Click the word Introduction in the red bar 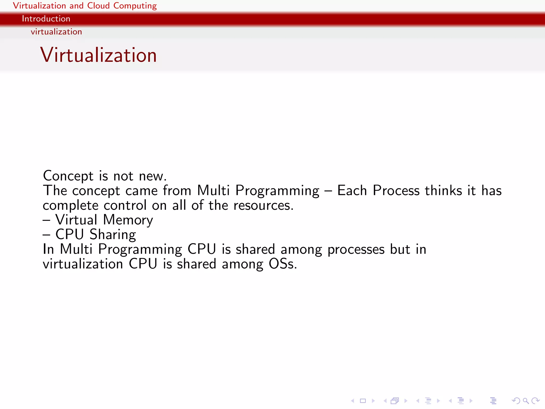(46, 19)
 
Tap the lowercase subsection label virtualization (56, 32)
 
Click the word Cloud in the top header (98, 6)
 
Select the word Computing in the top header (135, 6)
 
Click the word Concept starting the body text (68, 176)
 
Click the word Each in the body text (352, 191)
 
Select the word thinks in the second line (443, 191)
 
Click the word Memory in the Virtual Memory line (128, 220)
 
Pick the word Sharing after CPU (113, 235)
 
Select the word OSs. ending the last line (283, 264)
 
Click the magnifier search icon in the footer (526, 401)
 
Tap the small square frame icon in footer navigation (363, 401)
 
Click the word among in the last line (242, 264)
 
